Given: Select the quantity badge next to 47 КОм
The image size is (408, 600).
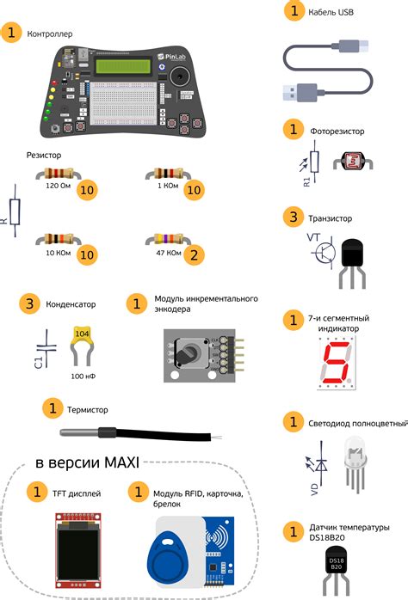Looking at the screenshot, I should (x=196, y=254).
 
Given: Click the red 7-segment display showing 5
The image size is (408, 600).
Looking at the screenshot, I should (x=334, y=364).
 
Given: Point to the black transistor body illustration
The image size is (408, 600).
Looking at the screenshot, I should (x=352, y=257).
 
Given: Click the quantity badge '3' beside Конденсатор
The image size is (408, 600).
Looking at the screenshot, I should (x=31, y=304).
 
